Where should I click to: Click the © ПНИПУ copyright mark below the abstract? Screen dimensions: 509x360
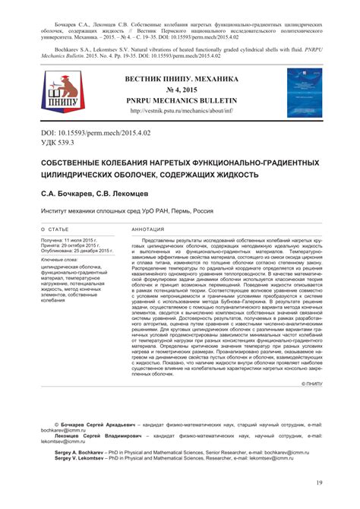pyautogui.click(x=311, y=385)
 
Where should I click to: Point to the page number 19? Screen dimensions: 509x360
pyautogui.click(x=320, y=483)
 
